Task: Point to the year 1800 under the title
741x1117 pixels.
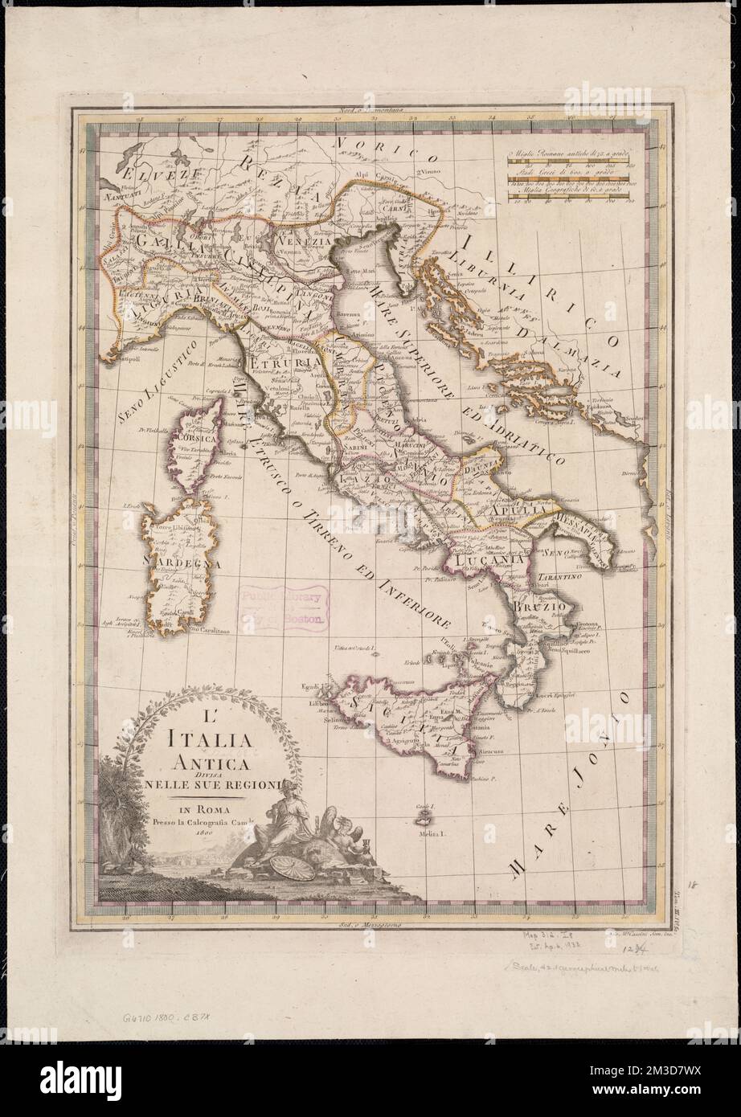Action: (194, 833)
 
